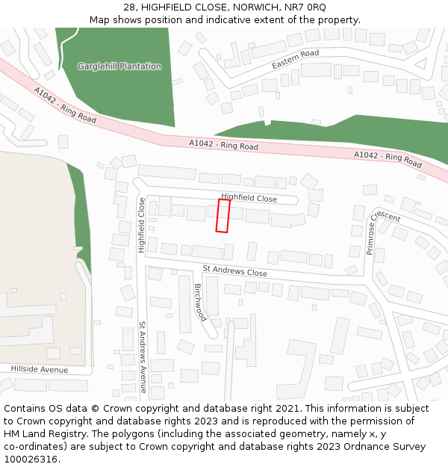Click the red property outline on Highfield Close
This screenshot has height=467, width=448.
pyautogui.click(x=223, y=215)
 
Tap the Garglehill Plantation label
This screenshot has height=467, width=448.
pyautogui.click(x=119, y=67)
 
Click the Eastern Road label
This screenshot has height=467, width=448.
pyautogui.click(x=295, y=60)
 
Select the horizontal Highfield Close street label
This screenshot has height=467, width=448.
pyautogui.click(x=249, y=198)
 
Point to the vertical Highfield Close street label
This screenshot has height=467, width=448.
pyautogui.click(x=141, y=225)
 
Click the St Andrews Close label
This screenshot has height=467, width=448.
pyautogui.click(x=234, y=270)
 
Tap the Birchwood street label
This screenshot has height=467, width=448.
pyautogui.click(x=200, y=302)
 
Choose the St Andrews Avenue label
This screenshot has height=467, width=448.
pyautogui.click(x=142, y=357)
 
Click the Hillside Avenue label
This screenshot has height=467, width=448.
pyautogui.click(x=39, y=370)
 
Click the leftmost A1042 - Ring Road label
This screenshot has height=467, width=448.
pyautogui.click(x=65, y=105)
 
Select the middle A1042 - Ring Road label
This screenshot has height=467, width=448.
pyautogui.click(x=223, y=145)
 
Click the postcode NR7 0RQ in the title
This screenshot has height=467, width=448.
pyautogui.click(x=305, y=7)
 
